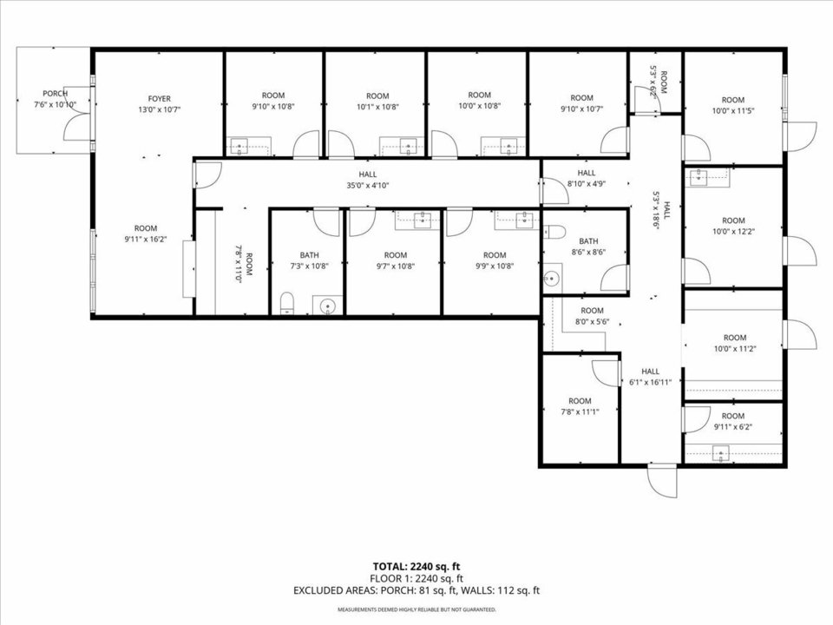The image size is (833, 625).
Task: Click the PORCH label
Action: pos(55,94)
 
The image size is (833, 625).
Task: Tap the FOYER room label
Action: pos(160,99)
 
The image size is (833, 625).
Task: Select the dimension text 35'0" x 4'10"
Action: pos(368,186)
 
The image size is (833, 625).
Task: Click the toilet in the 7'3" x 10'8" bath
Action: pos(287,302)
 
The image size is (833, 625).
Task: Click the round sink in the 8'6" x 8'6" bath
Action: pos(552,278)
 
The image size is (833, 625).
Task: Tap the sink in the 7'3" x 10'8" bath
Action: pos(328,306)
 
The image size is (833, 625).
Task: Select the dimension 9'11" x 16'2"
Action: pos(146,240)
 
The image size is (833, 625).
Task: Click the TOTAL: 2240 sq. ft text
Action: pos(416,567)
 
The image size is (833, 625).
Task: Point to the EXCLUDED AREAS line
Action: pos(416,590)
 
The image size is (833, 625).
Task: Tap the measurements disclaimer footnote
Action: pos(416,609)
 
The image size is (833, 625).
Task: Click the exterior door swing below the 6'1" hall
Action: pos(662,481)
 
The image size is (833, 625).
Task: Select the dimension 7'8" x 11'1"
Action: pos(580,411)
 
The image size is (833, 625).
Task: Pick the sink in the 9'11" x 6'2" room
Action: pos(721,454)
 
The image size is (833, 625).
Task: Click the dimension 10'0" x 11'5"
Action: pos(733,110)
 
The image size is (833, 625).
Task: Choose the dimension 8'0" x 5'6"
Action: pos(592,321)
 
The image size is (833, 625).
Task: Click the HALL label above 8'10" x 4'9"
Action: pos(587,173)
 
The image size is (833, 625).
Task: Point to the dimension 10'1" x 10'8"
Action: pos(377,106)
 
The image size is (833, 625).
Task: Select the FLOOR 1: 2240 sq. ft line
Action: pos(416,578)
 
